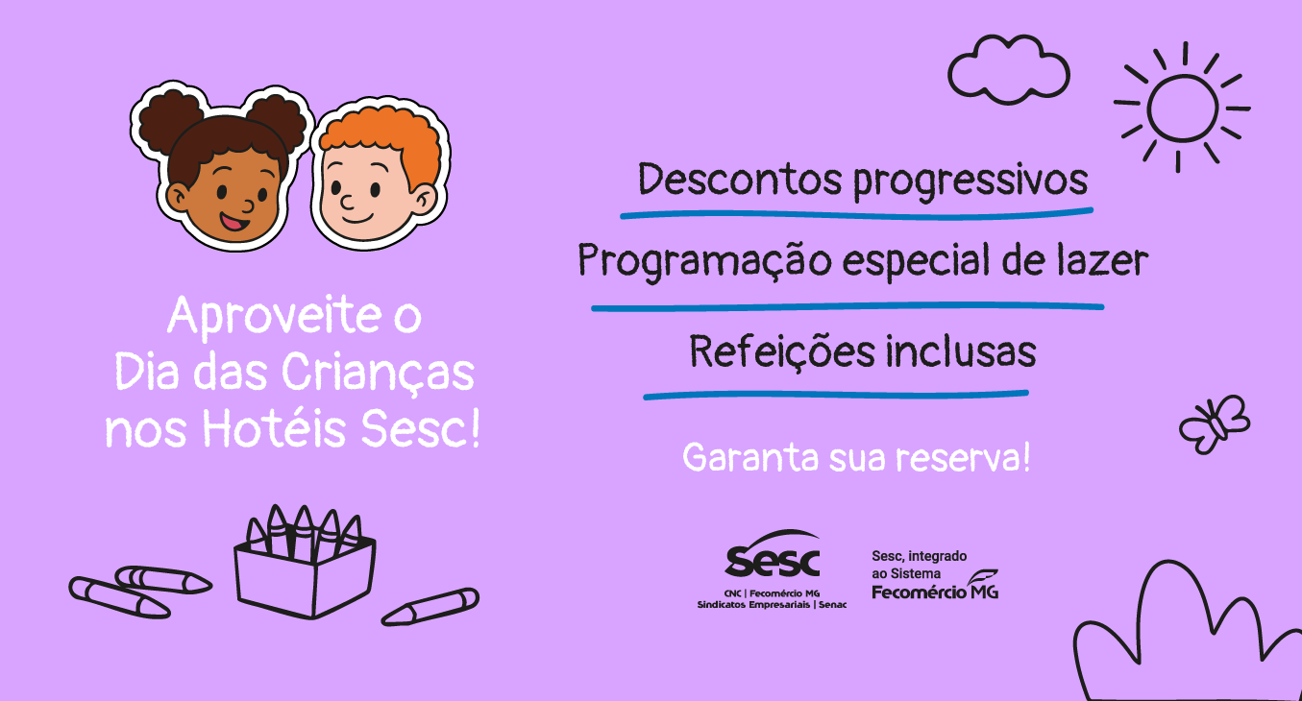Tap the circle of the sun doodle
1149,108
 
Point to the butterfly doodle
1215,424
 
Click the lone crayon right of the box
430,606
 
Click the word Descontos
739,180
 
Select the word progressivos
970,181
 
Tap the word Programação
704,261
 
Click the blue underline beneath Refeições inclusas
835,395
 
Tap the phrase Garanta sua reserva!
856,458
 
